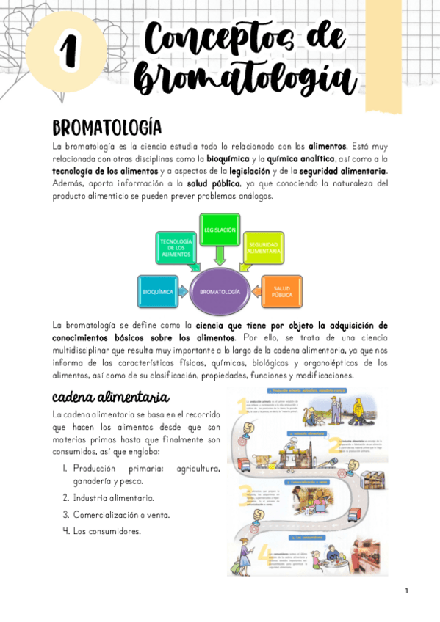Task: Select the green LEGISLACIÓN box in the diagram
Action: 220,230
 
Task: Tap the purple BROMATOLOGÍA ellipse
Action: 220,292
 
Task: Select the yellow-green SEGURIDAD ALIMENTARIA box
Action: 264,248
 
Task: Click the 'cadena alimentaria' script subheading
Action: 110,398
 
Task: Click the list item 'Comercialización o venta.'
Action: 121,514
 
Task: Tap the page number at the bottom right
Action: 405,590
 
